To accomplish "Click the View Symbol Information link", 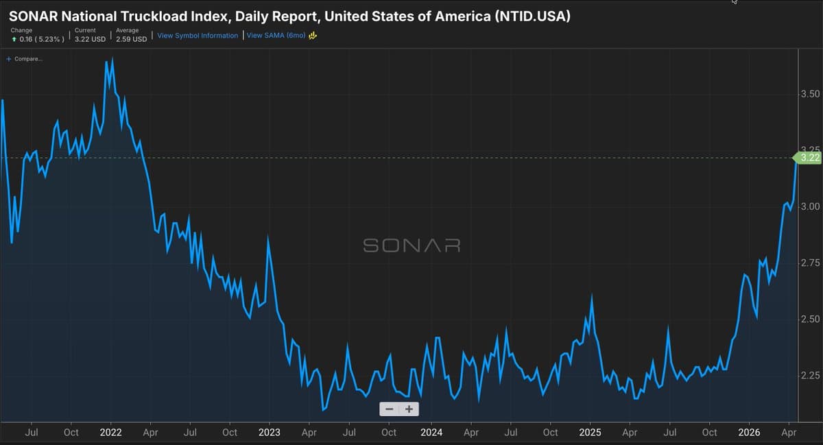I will [198, 36].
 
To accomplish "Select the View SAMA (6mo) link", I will [276, 36].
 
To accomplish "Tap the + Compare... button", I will [24, 59].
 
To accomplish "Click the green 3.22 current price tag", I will [810, 158].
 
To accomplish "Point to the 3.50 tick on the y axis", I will [811, 94].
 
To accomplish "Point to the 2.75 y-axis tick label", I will [811, 263].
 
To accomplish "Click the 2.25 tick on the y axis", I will [811, 376].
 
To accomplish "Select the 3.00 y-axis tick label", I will [811, 207].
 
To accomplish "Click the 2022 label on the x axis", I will [110, 433].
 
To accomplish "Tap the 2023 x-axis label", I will [270, 433].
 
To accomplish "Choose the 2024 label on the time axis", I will [431, 433].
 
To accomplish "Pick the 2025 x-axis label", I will [590, 433].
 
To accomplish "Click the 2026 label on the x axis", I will [749, 433].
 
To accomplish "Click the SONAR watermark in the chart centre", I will [411, 245].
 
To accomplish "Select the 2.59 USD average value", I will [131, 39].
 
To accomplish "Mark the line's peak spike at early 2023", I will [267, 237].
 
